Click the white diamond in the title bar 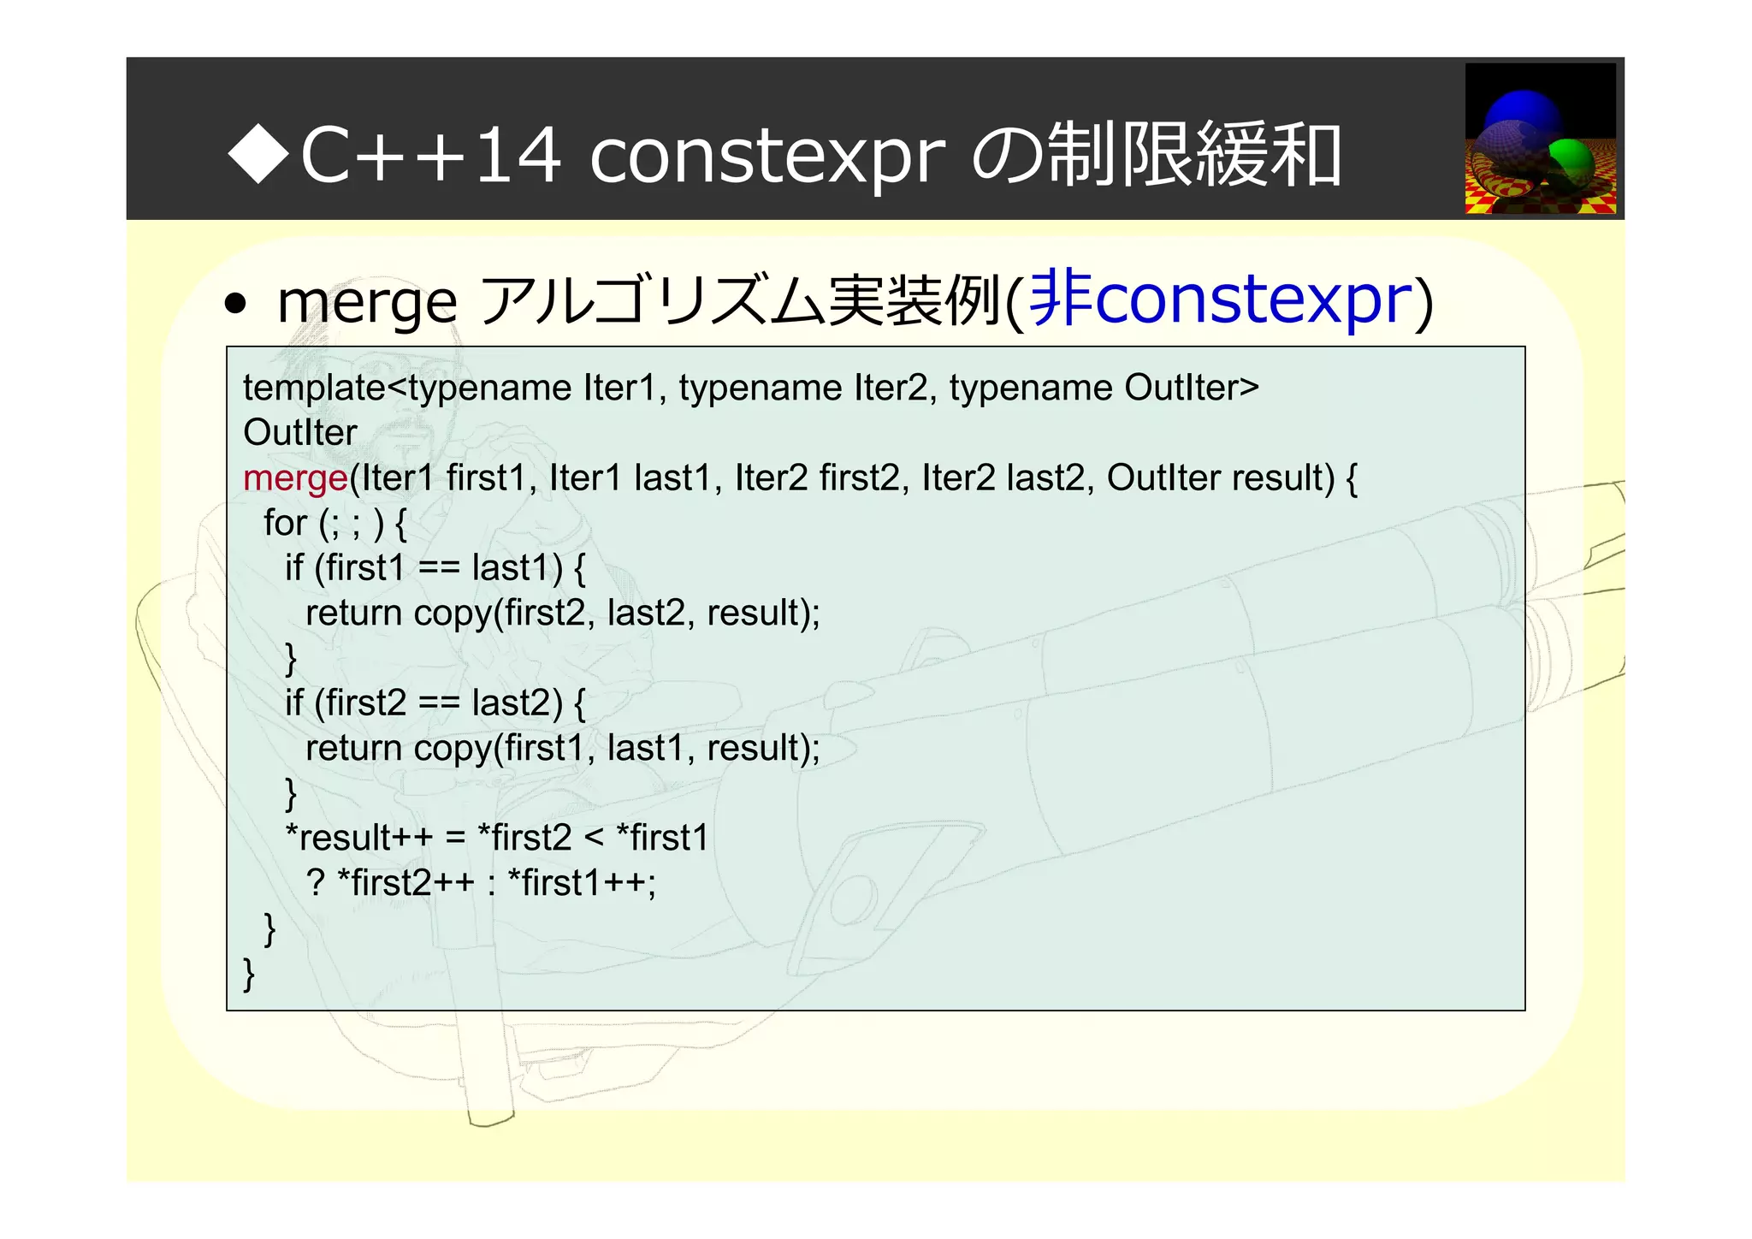click(259, 153)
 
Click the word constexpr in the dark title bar click(767, 157)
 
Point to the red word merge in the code click(295, 478)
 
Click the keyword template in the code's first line click(314, 388)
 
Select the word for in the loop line click(285, 523)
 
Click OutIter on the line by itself click(300, 433)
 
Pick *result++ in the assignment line click(358, 838)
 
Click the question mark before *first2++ click(316, 883)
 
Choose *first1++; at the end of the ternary click(582, 883)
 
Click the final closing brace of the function click(249, 974)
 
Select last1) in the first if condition click(517, 568)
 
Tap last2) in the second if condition click(517, 703)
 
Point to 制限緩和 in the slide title click(1194, 155)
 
